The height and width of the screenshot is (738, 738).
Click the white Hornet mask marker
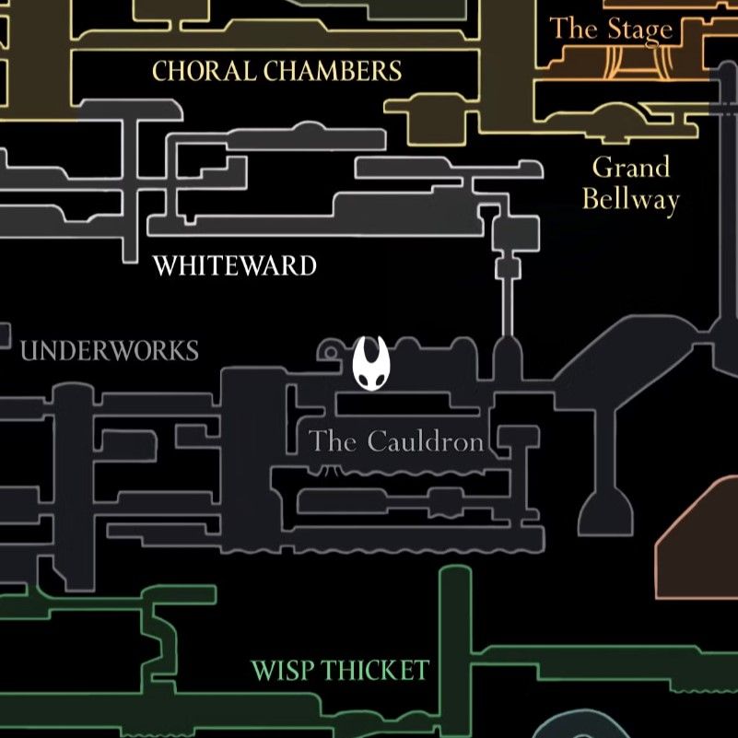(x=371, y=363)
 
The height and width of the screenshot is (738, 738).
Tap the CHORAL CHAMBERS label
(x=276, y=71)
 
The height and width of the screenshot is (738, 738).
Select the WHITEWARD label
(x=234, y=265)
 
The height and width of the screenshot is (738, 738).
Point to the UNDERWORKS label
(x=110, y=351)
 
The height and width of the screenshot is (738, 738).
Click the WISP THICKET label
(x=340, y=670)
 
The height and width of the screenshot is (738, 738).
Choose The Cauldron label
(x=396, y=441)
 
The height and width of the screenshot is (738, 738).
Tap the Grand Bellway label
(x=631, y=183)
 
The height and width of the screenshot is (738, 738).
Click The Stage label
(x=611, y=29)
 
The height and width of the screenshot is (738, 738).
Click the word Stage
(x=640, y=30)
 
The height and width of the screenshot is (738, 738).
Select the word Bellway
(x=631, y=200)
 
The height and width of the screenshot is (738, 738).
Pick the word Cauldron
(x=426, y=441)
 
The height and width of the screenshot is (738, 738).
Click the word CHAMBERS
(x=333, y=71)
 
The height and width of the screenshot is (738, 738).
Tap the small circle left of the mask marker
(x=331, y=352)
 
